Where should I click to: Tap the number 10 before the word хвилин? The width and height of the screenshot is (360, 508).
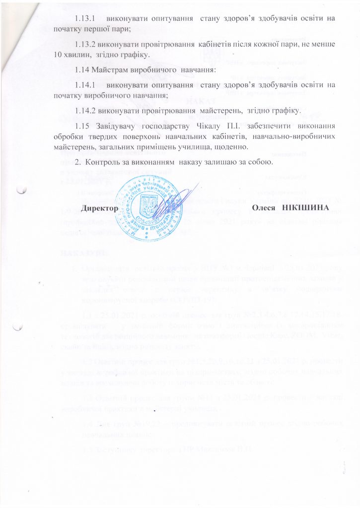59,53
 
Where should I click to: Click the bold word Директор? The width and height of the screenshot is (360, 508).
100,206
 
